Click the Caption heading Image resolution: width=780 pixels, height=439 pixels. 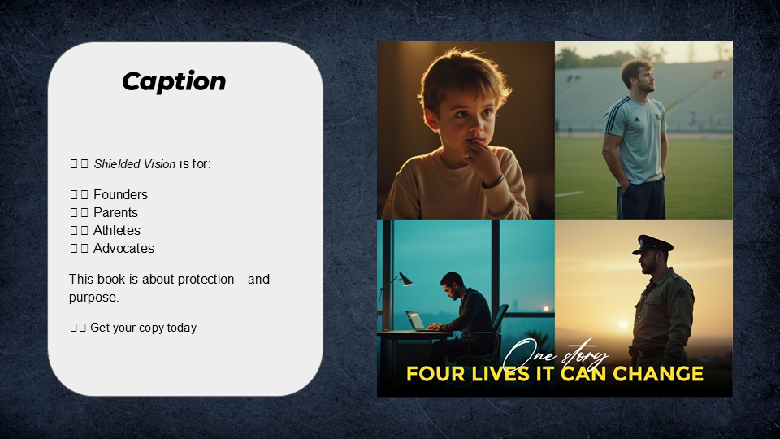(174, 81)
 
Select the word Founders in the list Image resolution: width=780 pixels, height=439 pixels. (120, 195)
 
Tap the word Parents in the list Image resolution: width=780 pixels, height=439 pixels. (115, 213)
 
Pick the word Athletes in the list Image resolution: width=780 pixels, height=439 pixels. (116, 231)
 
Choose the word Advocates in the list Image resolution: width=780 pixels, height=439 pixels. (123, 249)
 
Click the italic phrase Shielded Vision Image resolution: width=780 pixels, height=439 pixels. (134, 164)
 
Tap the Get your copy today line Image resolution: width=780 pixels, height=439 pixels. (143, 328)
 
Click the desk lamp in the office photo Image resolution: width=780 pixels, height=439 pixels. (404, 279)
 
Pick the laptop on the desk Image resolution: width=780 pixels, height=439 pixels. (416, 321)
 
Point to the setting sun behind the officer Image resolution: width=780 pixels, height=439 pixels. (623, 324)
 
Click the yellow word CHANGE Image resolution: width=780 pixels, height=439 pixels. (657, 375)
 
